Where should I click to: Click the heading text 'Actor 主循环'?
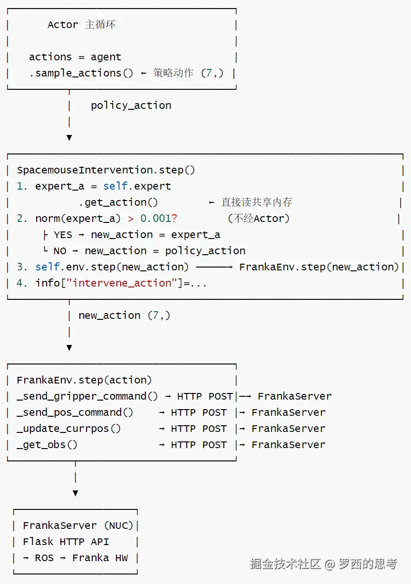pos(81,25)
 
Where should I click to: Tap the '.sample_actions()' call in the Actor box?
pos(81,73)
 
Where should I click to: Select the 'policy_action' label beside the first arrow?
pos(131,105)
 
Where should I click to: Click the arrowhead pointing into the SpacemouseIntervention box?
pos(69,138)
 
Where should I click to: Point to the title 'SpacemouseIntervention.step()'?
pos(106,170)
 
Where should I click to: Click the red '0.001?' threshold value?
pos(159,219)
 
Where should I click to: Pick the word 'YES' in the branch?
pos(63,235)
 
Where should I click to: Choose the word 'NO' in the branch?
pos(60,251)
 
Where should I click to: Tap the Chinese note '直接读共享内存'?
pos(257,202)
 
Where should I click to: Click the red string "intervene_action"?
pos(122,283)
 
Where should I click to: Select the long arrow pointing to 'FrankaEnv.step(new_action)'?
pos(214,267)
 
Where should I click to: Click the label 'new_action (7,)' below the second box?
pos(124,316)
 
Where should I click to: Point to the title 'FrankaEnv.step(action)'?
pos(84,380)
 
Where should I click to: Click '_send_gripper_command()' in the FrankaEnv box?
pos(87,396)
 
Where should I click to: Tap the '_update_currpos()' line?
pos(69,429)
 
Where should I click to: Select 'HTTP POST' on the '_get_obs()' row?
pos(199,445)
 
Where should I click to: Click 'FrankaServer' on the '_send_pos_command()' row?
pos(288,412)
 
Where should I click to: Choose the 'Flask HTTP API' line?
pos(66,542)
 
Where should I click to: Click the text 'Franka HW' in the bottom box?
pos(100,558)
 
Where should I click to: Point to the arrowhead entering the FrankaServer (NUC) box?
pos(76,493)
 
